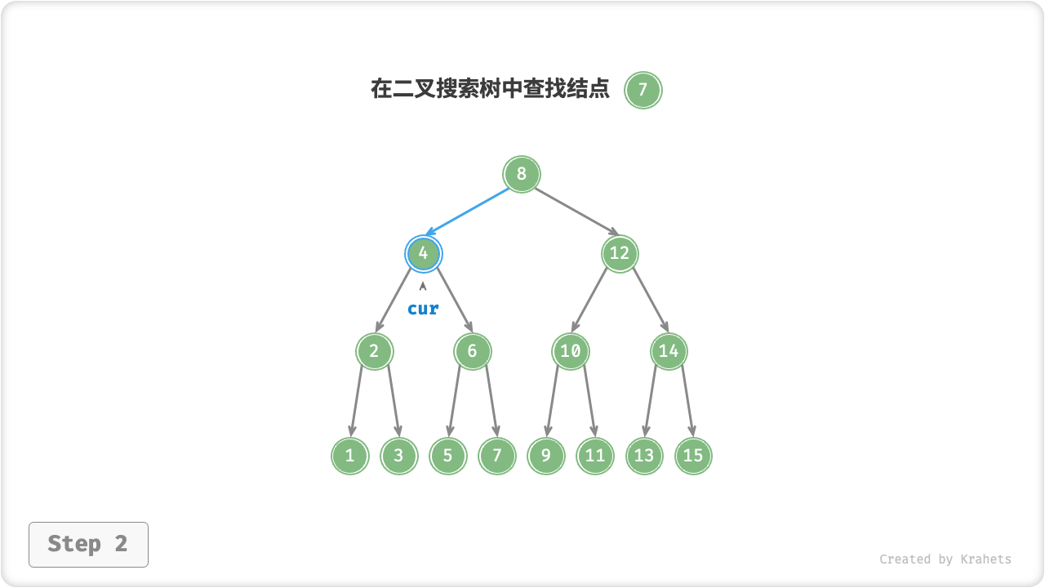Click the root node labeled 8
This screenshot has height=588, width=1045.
pyautogui.click(x=522, y=174)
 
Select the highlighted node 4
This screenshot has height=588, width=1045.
pyautogui.click(x=423, y=253)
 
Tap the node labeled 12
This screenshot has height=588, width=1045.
pyautogui.click(x=620, y=253)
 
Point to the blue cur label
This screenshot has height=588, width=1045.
pyautogui.click(x=423, y=309)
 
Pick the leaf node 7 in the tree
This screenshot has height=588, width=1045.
pyautogui.click(x=497, y=456)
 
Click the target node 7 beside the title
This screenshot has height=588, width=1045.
pyautogui.click(x=643, y=90)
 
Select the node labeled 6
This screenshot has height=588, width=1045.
pyautogui.click(x=472, y=351)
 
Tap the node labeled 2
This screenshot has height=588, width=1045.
pyautogui.click(x=374, y=351)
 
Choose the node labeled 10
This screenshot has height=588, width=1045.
pyautogui.click(x=571, y=351)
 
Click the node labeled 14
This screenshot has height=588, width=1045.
pyautogui.click(x=669, y=351)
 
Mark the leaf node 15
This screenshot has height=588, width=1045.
pyautogui.click(x=693, y=456)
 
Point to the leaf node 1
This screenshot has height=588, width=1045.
pyautogui.click(x=349, y=456)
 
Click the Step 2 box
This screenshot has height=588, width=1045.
pyautogui.click(x=88, y=544)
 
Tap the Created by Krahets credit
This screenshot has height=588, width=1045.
pyautogui.click(x=945, y=559)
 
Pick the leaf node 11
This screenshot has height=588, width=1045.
pyautogui.click(x=595, y=456)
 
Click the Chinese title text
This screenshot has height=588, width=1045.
pyautogui.click(x=490, y=89)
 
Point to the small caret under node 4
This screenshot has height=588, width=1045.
pyautogui.click(x=423, y=287)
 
